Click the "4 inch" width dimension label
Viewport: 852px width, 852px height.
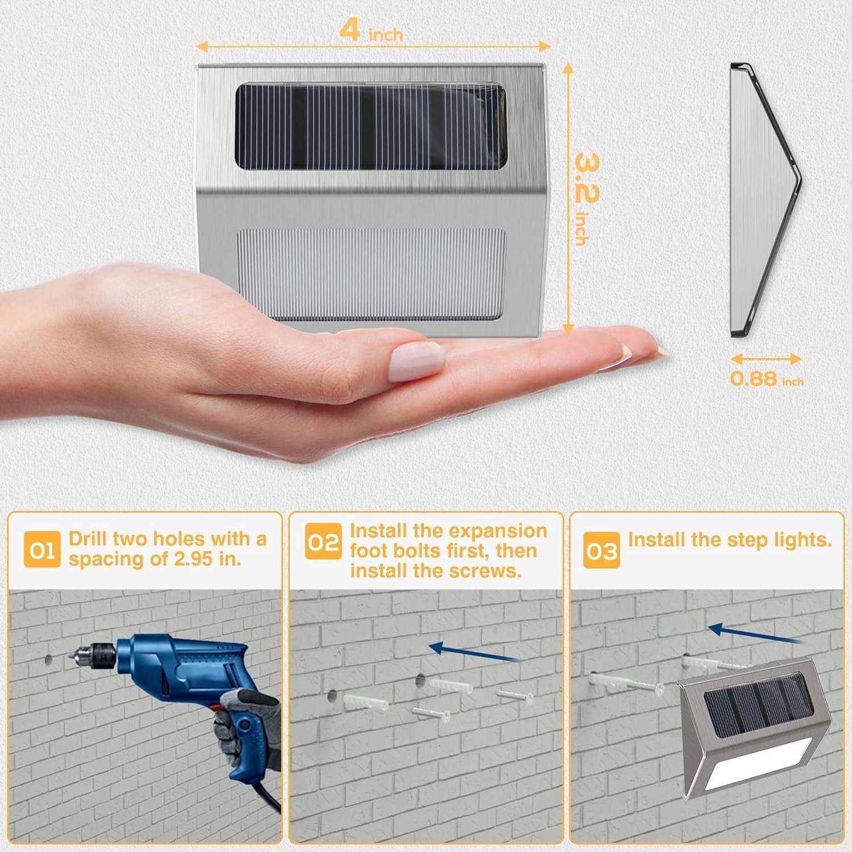point(371,31)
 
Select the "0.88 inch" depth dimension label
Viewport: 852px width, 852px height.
point(766,379)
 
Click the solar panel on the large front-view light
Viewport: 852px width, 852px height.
point(370,128)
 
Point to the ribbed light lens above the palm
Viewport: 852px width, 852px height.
point(371,274)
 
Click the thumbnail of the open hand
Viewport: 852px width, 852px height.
point(417,361)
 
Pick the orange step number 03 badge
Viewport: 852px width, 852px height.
point(602,549)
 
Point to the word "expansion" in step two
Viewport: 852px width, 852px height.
point(498,531)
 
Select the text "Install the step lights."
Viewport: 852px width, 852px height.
point(729,540)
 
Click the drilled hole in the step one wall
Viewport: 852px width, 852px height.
point(48,660)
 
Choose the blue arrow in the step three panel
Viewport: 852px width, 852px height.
point(755,635)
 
